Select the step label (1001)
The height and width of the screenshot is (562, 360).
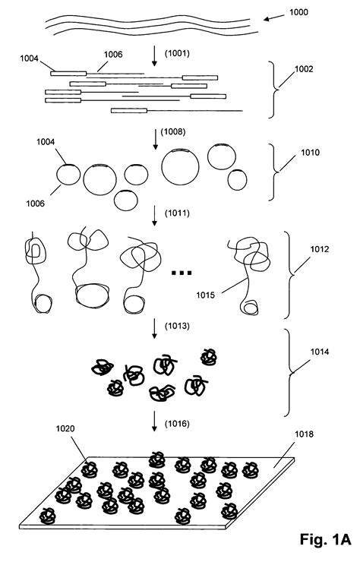pyautogui.click(x=175, y=55)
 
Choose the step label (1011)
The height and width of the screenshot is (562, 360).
pyautogui.click(x=175, y=216)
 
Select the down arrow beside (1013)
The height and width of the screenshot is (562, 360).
pyautogui.click(x=154, y=330)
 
